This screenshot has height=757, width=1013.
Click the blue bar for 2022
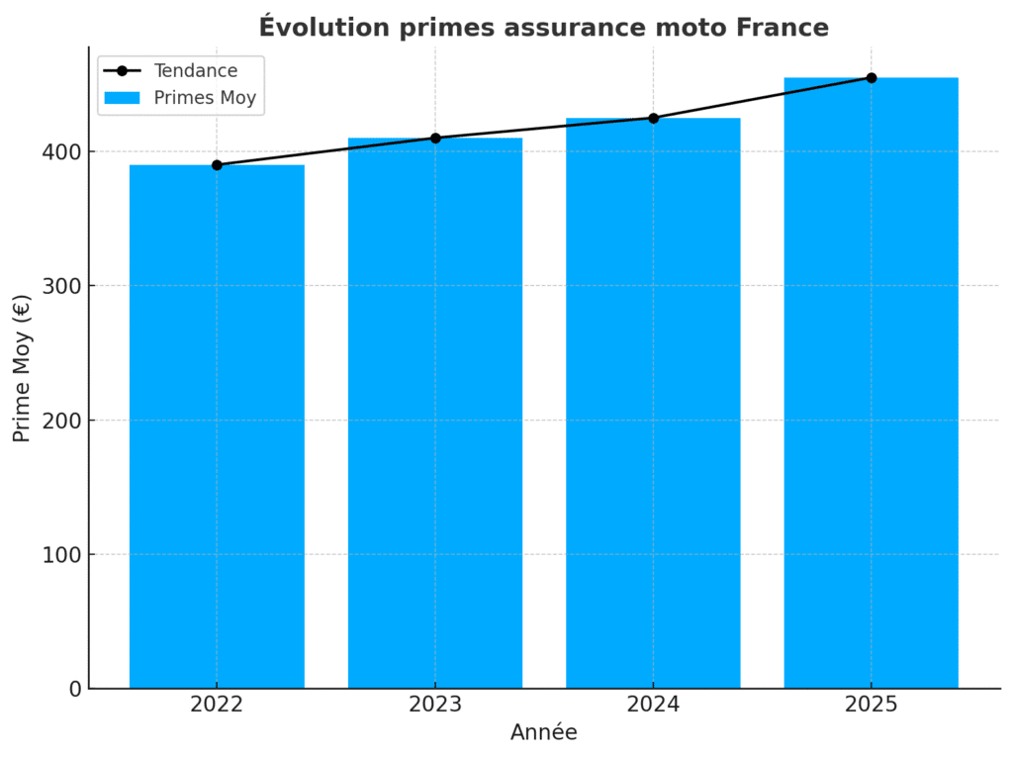tap(217, 426)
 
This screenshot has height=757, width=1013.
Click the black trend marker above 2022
tap(217, 165)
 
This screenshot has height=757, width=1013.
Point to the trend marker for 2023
tap(435, 139)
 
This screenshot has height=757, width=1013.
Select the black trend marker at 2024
tap(653, 118)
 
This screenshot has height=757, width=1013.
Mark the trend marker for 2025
tap(872, 78)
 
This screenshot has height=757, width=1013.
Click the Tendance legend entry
tap(195, 71)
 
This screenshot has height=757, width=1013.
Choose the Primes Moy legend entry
tap(205, 98)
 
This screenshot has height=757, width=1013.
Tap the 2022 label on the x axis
tap(217, 705)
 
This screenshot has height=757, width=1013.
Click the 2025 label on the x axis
tap(871, 705)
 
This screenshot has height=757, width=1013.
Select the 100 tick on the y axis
tap(61, 555)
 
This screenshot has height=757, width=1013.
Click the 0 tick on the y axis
tap(75, 689)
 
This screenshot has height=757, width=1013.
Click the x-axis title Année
tap(543, 733)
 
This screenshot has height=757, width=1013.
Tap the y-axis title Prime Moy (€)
tap(23, 368)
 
